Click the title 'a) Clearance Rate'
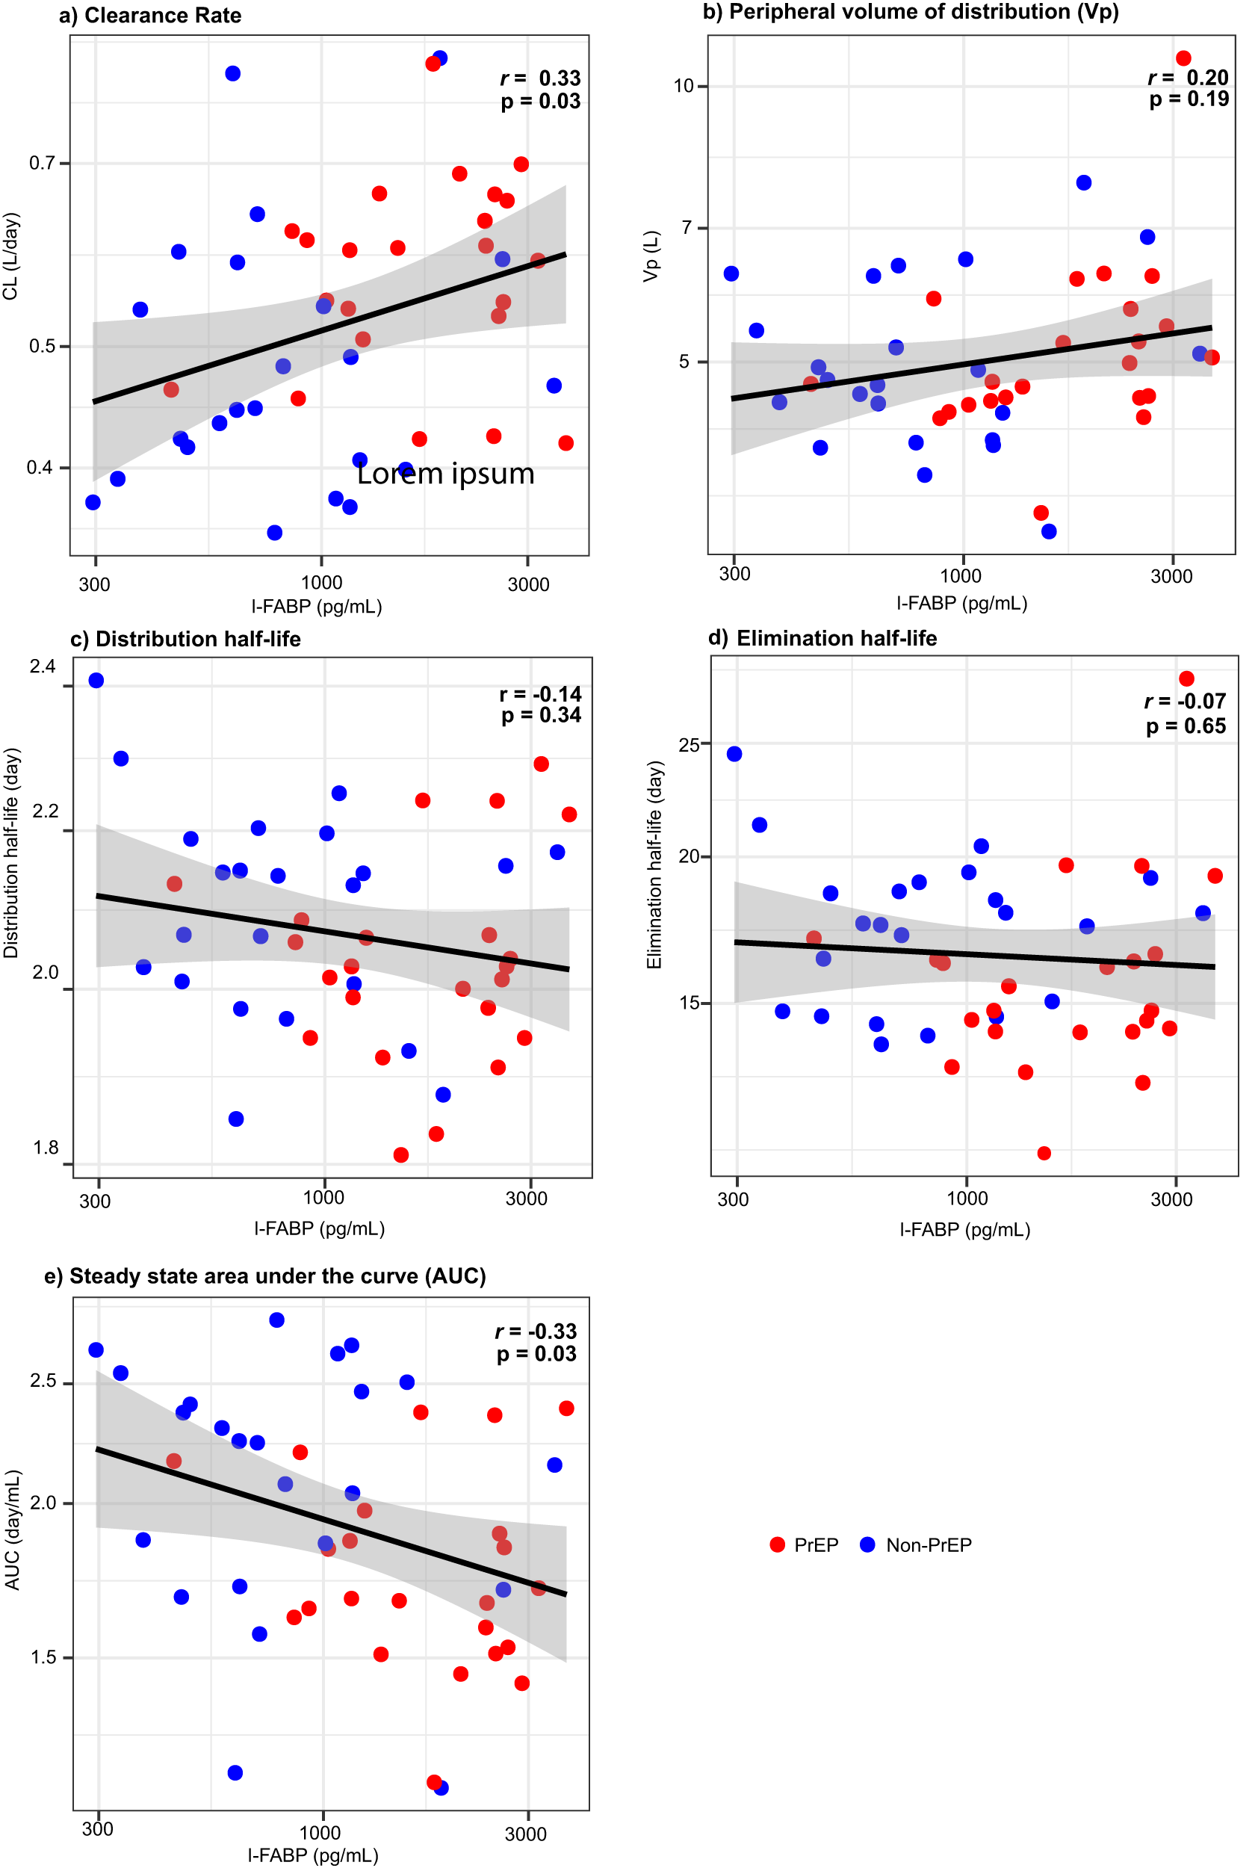150,15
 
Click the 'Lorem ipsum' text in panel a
445,474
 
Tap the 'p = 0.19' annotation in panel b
1189,99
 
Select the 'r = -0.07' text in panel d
1184,702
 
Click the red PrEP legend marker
777,1544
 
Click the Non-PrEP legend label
929,1544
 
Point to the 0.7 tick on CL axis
42,163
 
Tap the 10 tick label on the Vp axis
683,86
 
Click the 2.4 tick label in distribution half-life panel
43,666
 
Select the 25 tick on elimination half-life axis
688,745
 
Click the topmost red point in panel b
1183,58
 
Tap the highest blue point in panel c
96,680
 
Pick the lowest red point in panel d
1043,1152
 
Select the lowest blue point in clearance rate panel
274,532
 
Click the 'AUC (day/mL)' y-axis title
12,1530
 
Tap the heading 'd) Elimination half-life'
822,638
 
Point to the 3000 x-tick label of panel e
525,1834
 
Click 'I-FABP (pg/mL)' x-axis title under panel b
961,602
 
